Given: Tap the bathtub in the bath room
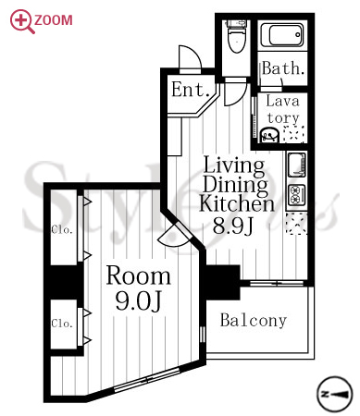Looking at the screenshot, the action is coord(282,35).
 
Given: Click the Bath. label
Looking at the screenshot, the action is coord(283,68).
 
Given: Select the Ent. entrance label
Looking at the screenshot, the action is coord(191,90).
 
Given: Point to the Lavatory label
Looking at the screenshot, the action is coord(282,109).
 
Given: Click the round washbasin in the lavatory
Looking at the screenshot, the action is coord(269,135).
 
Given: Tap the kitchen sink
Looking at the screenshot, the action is coord(296,165).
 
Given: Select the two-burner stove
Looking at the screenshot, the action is coord(296,195).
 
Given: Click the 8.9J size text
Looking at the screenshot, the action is coord(233,226).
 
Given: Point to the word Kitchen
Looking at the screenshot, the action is coord(237,203).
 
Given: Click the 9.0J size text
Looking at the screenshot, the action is coord(138,301).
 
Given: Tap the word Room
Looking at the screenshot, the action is coord(138,275).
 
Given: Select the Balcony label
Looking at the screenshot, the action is coord(254,321).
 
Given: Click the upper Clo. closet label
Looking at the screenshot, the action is coord(62,229).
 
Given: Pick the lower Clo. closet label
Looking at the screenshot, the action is coord(62,324).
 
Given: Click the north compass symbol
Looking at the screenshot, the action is coord(334,394).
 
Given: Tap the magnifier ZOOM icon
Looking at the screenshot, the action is coord(22,21).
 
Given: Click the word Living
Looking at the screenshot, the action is coord(234,165).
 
